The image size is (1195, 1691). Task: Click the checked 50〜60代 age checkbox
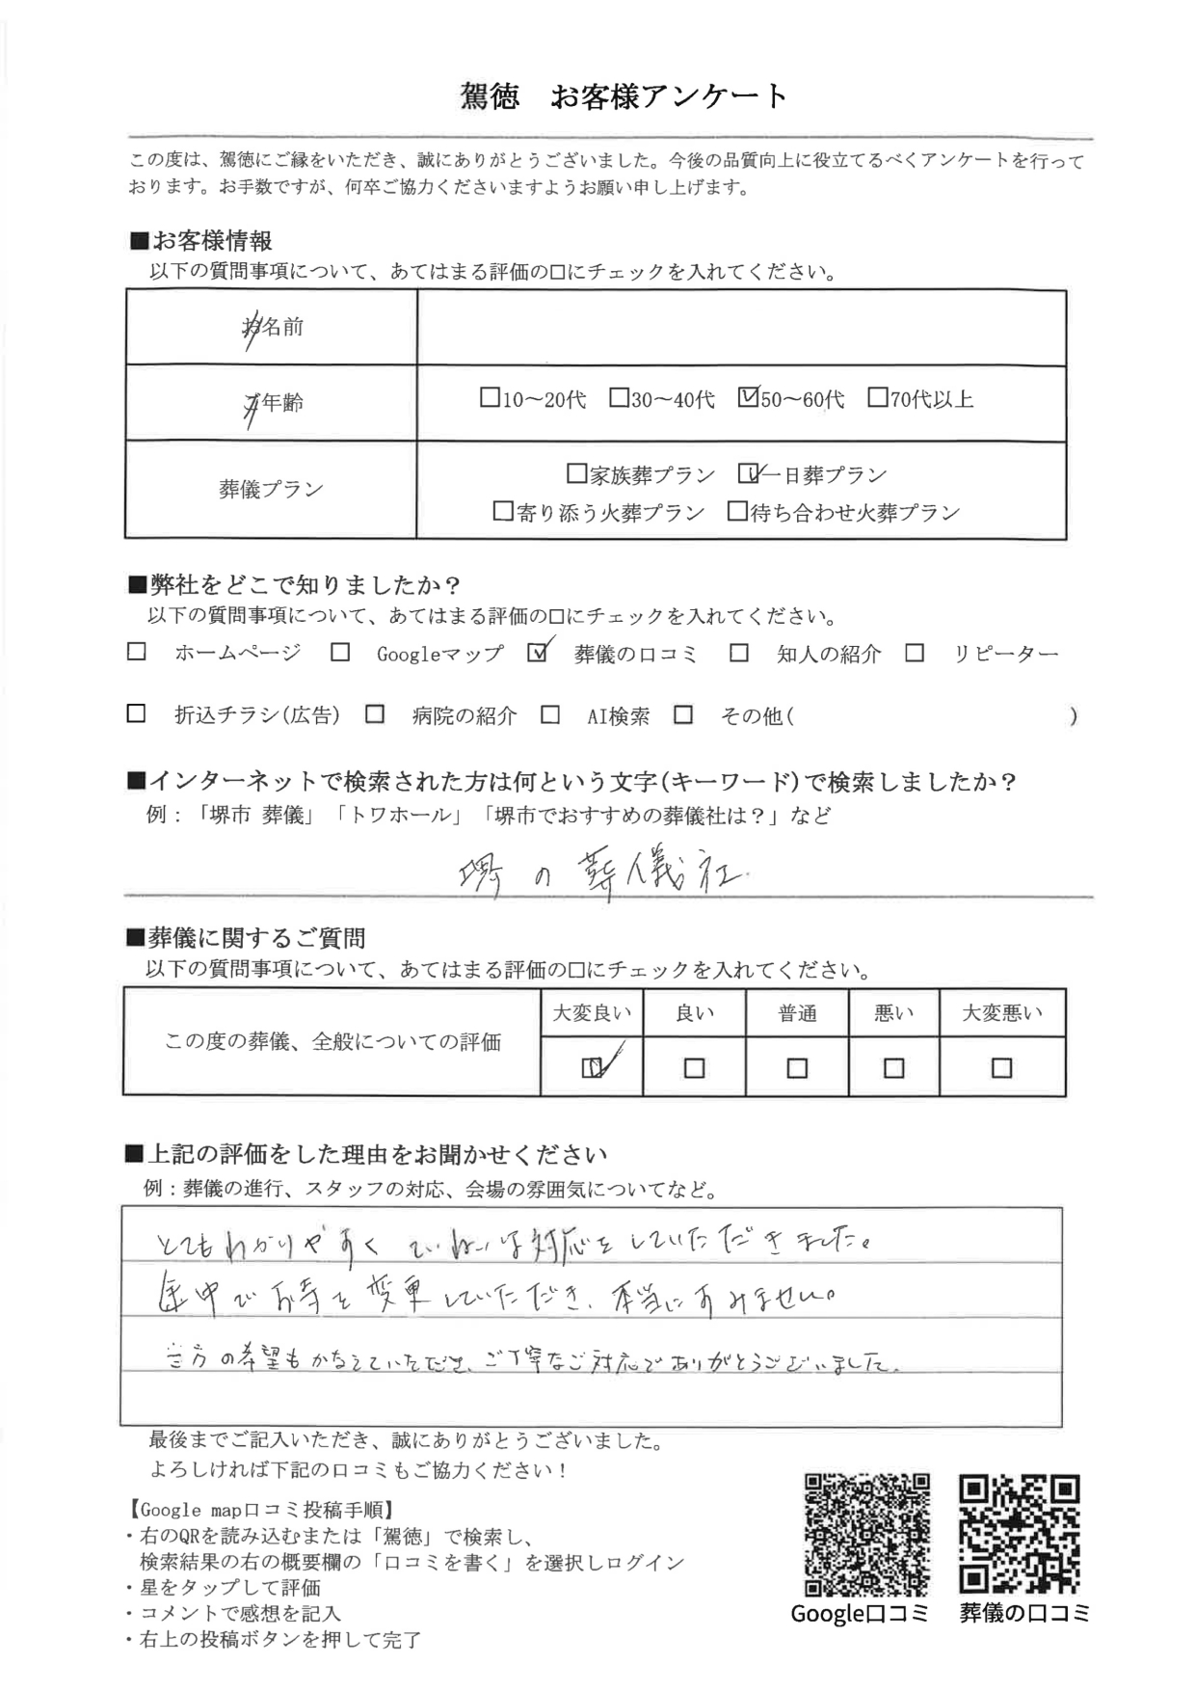point(748,397)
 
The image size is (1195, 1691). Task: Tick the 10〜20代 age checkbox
point(490,397)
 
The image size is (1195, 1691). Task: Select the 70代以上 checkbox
point(877,397)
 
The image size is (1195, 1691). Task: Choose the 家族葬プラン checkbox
point(576,473)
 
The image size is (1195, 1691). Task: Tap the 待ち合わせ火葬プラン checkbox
point(737,511)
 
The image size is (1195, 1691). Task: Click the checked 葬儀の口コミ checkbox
point(538,653)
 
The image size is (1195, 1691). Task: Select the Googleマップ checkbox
point(340,653)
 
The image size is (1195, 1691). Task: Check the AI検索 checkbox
point(550,714)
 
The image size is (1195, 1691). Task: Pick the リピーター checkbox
point(915,653)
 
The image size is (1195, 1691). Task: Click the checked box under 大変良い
point(592,1067)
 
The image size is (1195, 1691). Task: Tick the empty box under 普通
point(797,1068)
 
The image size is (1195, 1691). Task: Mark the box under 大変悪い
point(1001,1067)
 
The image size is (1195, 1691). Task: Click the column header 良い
point(694,1013)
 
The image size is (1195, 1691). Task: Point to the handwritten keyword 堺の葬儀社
point(601,872)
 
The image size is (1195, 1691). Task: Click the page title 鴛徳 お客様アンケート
point(624,96)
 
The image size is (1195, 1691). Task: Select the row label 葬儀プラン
point(271,490)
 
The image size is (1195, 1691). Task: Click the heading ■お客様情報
point(201,241)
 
